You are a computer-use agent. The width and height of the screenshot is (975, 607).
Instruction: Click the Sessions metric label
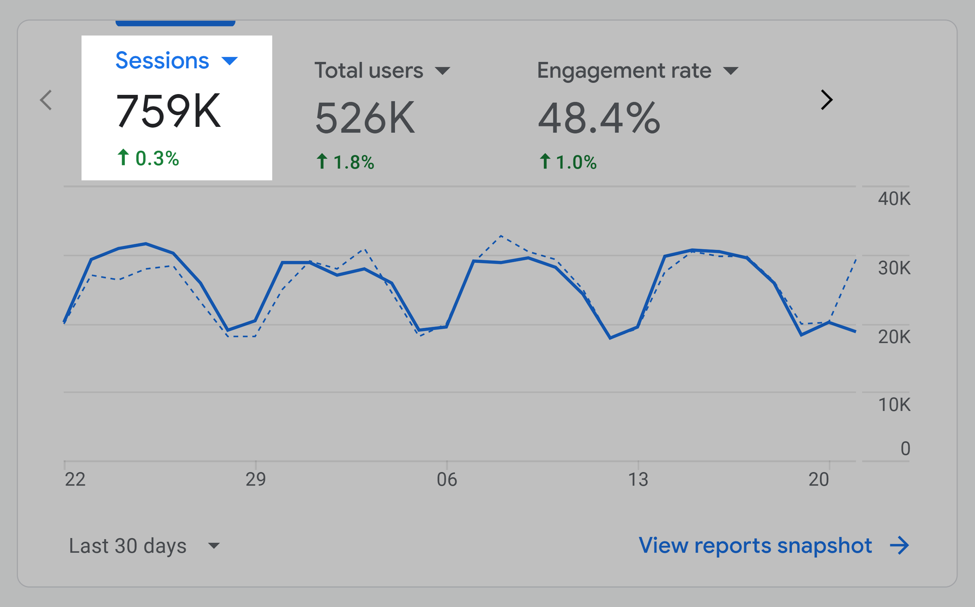click(162, 61)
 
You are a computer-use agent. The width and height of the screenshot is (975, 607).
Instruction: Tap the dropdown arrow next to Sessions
click(229, 61)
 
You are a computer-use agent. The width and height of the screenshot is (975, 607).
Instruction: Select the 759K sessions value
click(168, 110)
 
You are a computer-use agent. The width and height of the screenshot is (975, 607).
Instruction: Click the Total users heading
click(369, 71)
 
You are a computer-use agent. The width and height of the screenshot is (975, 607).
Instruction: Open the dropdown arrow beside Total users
click(442, 71)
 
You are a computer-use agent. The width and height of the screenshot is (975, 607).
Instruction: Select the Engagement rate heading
click(624, 71)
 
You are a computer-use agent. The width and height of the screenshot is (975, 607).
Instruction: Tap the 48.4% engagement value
click(598, 118)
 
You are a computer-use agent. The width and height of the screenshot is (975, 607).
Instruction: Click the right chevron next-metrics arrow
click(826, 100)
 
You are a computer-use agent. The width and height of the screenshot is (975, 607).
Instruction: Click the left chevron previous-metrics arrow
click(46, 100)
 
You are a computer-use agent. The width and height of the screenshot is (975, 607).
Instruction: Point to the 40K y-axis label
click(894, 199)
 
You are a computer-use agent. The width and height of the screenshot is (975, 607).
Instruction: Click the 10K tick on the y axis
click(894, 405)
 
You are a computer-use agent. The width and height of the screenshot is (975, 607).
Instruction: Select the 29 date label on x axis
click(255, 479)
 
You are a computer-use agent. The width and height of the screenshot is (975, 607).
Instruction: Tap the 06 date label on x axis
click(447, 479)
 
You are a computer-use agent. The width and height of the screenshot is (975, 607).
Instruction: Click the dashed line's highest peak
click(501, 236)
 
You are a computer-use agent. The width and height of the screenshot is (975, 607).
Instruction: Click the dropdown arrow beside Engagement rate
click(730, 71)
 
